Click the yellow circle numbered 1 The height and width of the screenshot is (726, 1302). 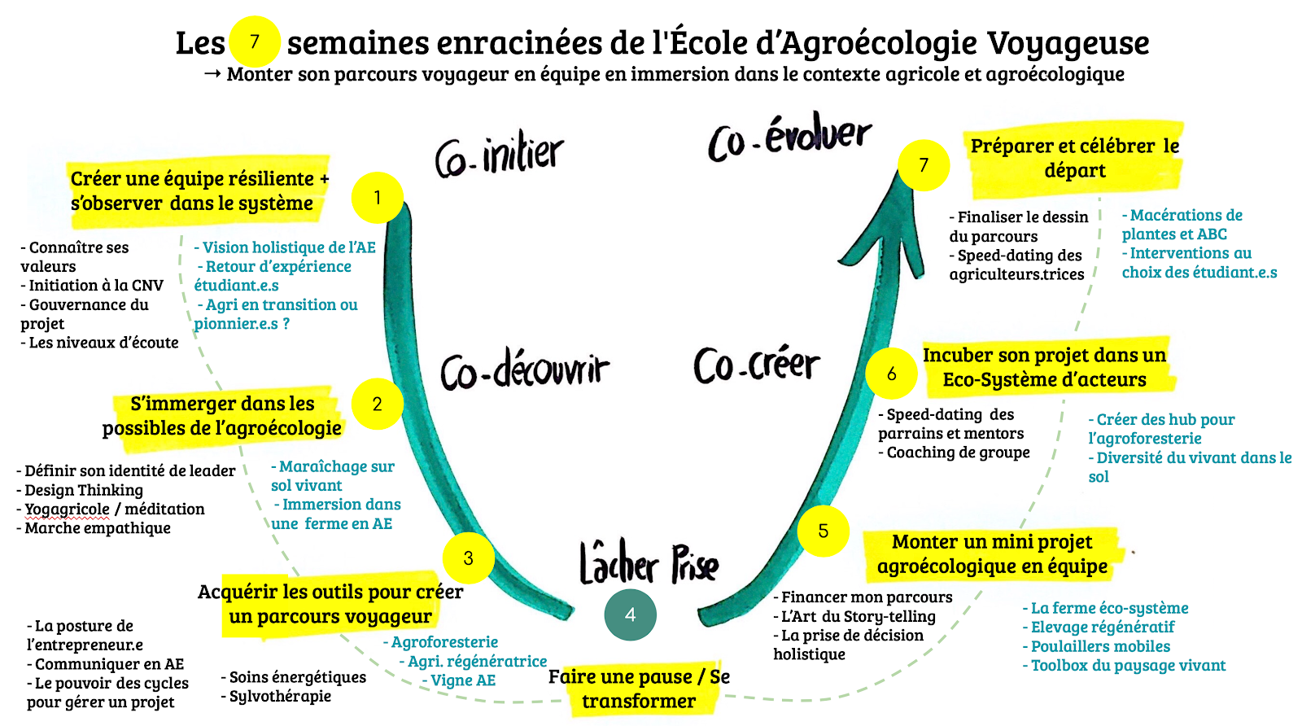(x=378, y=198)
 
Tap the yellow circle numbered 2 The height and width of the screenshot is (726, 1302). (x=378, y=404)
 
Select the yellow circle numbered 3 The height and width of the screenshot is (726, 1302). (x=469, y=558)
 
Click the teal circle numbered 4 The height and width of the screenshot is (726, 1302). (x=631, y=614)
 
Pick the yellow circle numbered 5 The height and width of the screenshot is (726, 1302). (x=824, y=531)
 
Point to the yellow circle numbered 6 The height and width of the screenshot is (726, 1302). (x=892, y=374)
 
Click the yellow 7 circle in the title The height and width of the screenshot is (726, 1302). (x=255, y=42)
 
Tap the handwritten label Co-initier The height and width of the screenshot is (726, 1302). (x=499, y=155)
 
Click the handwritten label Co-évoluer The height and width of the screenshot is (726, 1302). (x=789, y=139)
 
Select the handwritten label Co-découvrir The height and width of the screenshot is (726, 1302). (x=525, y=370)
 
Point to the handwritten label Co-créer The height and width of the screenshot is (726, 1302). (x=757, y=365)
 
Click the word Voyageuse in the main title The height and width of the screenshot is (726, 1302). (x=1068, y=42)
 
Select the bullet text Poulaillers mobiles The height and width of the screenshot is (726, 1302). (x=1100, y=646)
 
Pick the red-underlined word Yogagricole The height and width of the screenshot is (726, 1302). (x=67, y=510)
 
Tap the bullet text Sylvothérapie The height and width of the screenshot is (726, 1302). (x=280, y=696)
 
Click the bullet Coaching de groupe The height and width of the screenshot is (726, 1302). (x=958, y=453)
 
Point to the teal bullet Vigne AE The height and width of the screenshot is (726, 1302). (x=462, y=680)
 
